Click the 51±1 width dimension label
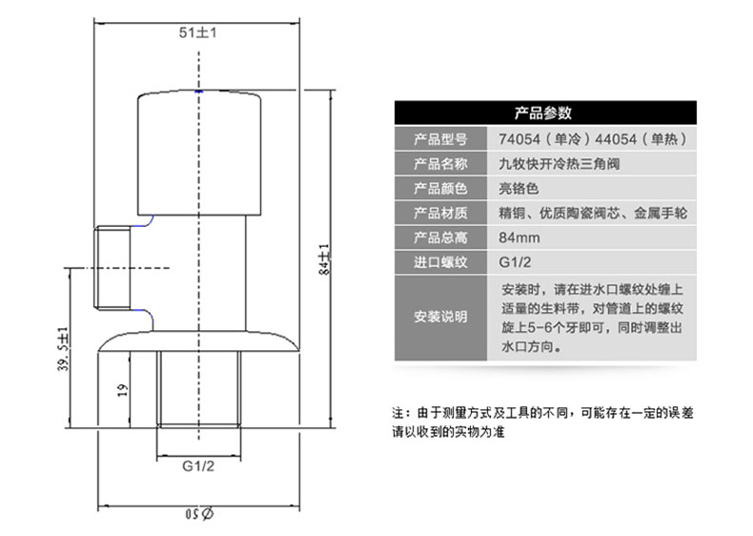coord(198,32)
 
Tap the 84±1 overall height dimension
coord(325,259)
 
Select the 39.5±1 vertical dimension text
coord(64,349)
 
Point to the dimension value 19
coord(123,389)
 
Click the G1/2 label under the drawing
coord(198,465)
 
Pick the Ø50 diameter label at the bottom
coord(199,514)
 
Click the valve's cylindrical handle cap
coord(199,153)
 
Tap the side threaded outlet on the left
coord(112,268)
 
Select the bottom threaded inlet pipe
coord(199,389)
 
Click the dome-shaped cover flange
coord(199,341)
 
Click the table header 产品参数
coord(543,113)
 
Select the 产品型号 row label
coord(440,139)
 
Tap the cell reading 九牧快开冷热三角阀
coord(559,164)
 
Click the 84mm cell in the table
coord(519,237)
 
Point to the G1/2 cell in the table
coord(515,262)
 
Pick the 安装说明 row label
coord(440,317)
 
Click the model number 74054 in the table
coord(519,139)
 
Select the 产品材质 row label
coord(440,213)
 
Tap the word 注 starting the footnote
coord(398,412)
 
